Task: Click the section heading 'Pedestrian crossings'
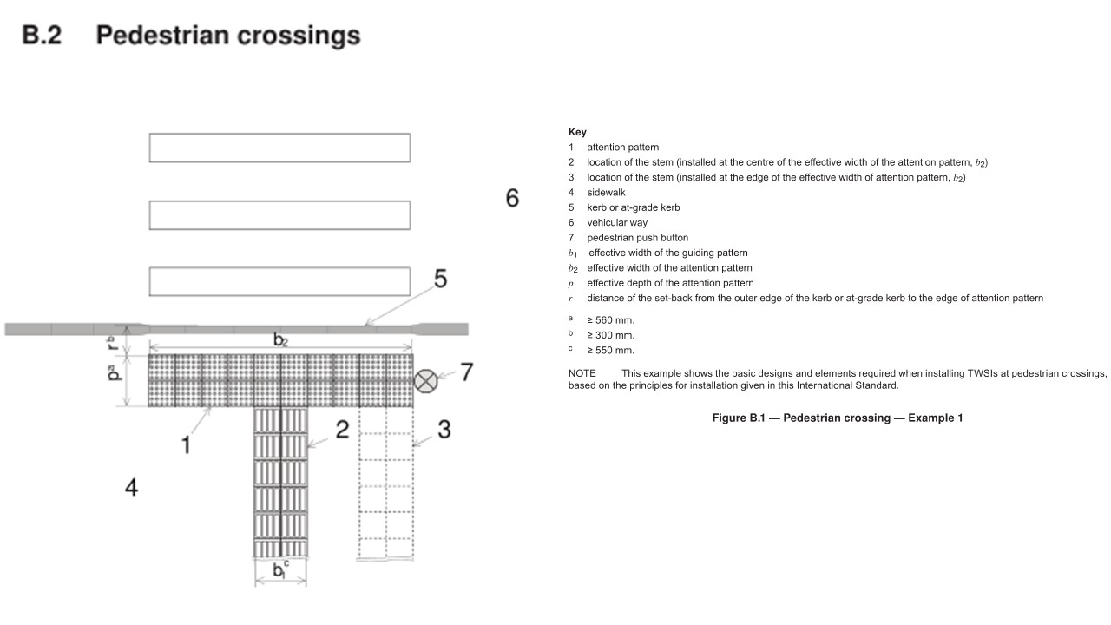227,36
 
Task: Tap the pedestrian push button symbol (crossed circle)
425,380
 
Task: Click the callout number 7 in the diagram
466,372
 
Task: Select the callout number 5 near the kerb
440,280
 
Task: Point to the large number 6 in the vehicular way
512,198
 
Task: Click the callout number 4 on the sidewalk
131,488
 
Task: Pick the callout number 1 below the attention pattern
185,445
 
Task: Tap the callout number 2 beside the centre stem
342,429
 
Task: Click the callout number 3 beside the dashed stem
444,429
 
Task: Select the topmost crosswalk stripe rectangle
279,148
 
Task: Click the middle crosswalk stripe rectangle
279,215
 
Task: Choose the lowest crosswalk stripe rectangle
279,282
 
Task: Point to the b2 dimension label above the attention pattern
280,339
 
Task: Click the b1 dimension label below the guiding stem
280,570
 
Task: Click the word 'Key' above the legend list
577,132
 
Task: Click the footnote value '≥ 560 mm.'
610,319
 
